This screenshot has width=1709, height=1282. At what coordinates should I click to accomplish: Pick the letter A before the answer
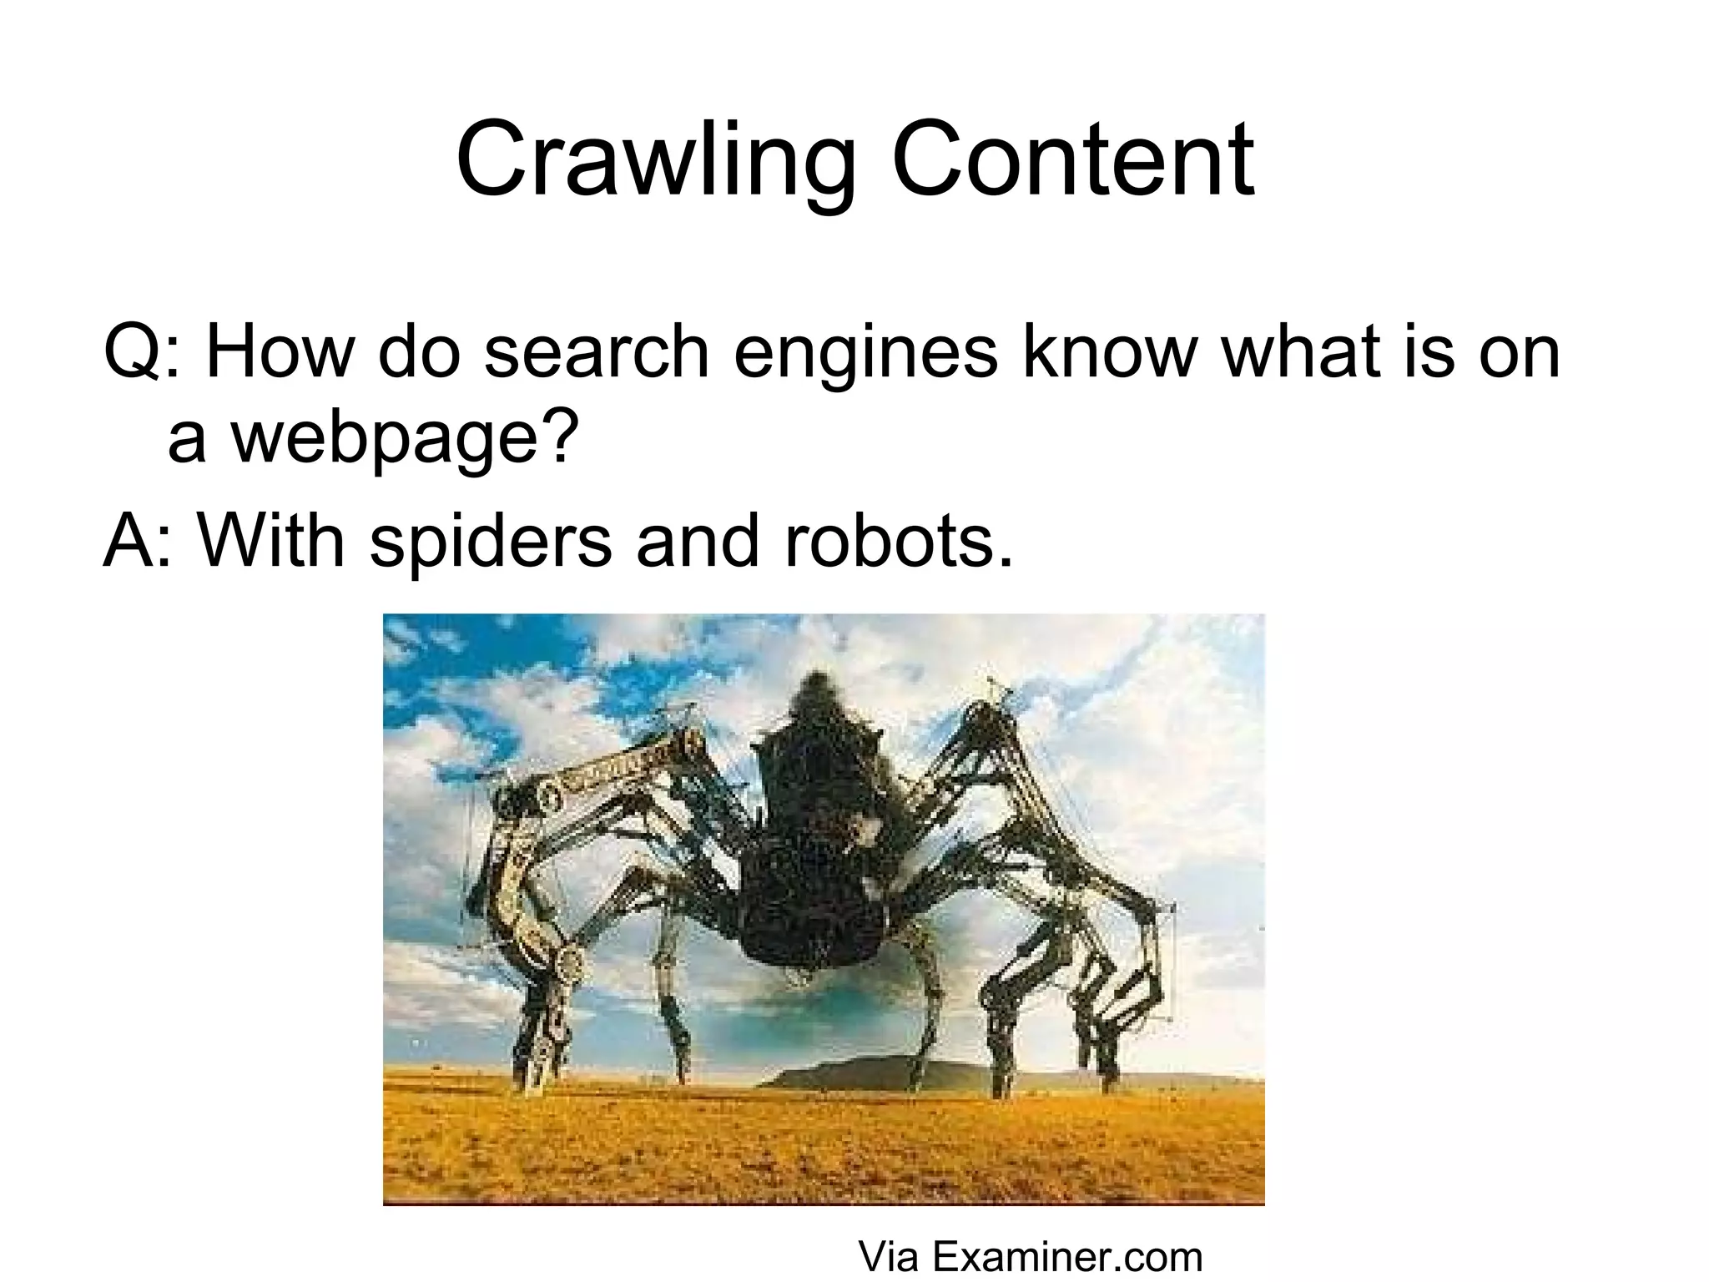(x=126, y=540)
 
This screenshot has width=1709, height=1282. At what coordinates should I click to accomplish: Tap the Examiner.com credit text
(x=1066, y=1256)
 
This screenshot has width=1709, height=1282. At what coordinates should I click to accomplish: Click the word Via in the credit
(x=888, y=1256)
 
